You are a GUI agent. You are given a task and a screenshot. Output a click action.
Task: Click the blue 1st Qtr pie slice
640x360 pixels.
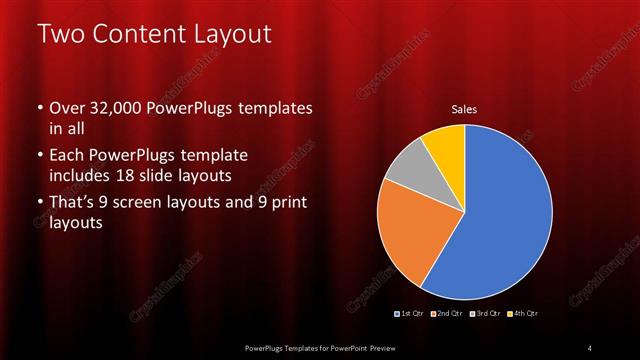[510, 215]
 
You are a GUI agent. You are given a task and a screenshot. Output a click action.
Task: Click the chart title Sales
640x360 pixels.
[464, 109]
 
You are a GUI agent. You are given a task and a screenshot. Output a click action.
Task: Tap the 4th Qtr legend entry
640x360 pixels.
[522, 314]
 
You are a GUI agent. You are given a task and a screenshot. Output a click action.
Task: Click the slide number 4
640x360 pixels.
[590, 347]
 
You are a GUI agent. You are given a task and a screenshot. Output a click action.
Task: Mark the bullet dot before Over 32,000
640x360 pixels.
[39, 108]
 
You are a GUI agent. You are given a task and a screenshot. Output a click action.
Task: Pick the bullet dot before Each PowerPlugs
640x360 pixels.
[39, 157]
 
